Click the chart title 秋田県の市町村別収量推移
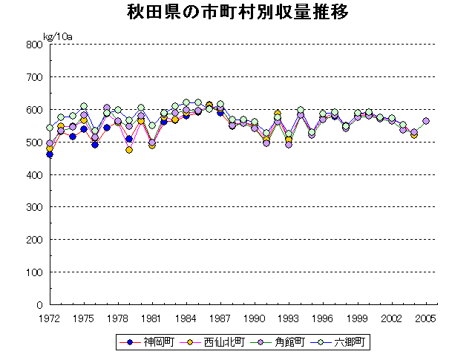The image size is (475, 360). tap(237, 13)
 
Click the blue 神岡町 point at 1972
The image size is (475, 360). tap(50, 154)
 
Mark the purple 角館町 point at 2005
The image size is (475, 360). tap(426, 121)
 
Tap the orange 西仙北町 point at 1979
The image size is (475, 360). tap(129, 150)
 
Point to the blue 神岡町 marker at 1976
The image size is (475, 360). tap(95, 145)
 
